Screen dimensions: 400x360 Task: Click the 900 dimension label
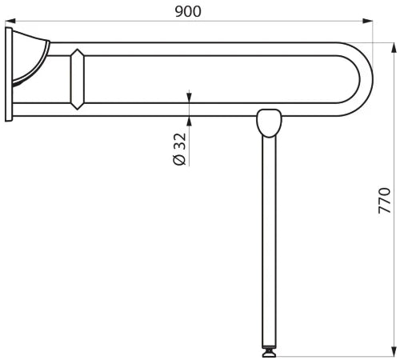point(188,11)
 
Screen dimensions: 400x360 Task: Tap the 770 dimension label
point(384,201)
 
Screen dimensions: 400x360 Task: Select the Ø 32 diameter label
point(179,149)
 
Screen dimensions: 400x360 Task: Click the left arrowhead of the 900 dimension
point(10,21)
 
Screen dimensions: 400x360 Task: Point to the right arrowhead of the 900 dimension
point(367,21)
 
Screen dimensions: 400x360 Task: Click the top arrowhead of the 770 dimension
point(394,48)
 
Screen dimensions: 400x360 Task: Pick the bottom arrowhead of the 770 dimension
point(394,350)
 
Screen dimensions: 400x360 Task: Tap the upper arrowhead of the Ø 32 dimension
point(189,98)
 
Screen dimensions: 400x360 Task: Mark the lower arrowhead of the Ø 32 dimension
point(189,121)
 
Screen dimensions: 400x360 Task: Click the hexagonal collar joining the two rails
point(77,79)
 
